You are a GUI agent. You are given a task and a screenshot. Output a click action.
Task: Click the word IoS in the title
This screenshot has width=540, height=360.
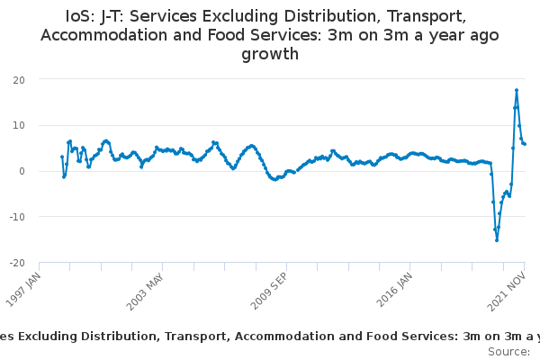[79, 16]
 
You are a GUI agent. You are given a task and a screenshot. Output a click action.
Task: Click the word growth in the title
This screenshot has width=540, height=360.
[270, 54]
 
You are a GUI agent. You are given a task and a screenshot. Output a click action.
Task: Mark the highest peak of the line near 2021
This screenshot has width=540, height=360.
[517, 90]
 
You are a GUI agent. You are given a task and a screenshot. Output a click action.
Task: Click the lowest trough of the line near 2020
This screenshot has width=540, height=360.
[497, 240]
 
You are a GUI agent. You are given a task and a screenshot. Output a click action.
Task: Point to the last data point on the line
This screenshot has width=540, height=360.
[525, 144]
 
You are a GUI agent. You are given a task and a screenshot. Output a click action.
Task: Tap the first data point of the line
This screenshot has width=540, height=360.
[62, 157]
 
